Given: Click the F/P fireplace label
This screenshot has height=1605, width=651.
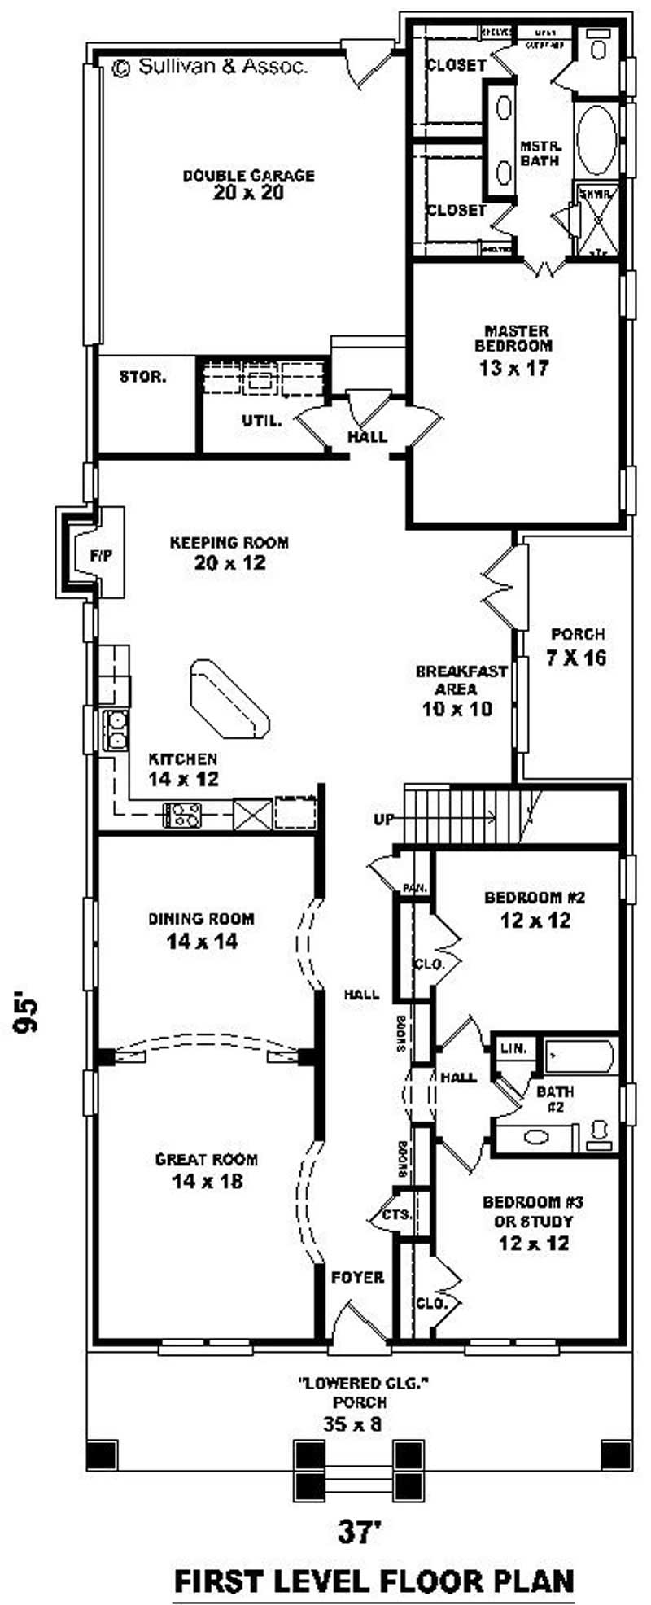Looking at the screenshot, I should pyautogui.click(x=102, y=556).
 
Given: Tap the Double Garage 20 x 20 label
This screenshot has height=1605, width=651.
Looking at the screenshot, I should pyautogui.click(x=248, y=184).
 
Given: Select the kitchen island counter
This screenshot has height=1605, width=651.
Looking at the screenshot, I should pyautogui.click(x=229, y=699).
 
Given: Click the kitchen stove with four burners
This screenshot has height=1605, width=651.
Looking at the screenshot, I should pyautogui.click(x=182, y=814).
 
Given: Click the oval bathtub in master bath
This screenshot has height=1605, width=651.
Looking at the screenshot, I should pyautogui.click(x=596, y=138).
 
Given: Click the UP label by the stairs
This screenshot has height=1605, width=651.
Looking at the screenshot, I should pyautogui.click(x=384, y=820).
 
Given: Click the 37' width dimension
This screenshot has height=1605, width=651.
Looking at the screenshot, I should pyautogui.click(x=360, y=1510).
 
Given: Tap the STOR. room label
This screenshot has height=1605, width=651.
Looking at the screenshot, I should pyautogui.click(x=143, y=378).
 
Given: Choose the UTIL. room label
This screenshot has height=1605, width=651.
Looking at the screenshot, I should pyautogui.click(x=261, y=421).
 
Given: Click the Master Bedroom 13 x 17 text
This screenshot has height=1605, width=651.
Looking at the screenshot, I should pyautogui.click(x=516, y=350).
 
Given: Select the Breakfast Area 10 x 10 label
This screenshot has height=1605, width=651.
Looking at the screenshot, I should pyautogui.click(x=461, y=690).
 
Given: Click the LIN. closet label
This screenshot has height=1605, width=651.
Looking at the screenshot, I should pyautogui.click(x=513, y=1048).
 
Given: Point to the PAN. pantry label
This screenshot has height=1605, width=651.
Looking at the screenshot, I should pyautogui.click(x=414, y=889).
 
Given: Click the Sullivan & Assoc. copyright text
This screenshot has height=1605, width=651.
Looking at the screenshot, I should pyautogui.click(x=210, y=68).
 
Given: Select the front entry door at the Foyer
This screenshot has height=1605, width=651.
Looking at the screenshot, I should pyautogui.click(x=356, y=1321).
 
